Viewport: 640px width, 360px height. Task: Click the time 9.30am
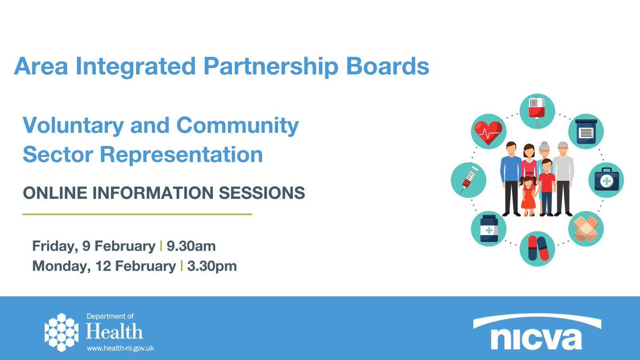(191, 246)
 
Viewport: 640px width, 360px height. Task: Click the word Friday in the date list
(53, 246)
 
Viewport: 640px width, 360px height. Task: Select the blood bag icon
(536, 110)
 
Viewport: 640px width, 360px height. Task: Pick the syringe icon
(468, 177)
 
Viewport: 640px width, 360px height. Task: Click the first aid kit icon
(606, 179)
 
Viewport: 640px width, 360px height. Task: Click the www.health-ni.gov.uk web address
(120, 347)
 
